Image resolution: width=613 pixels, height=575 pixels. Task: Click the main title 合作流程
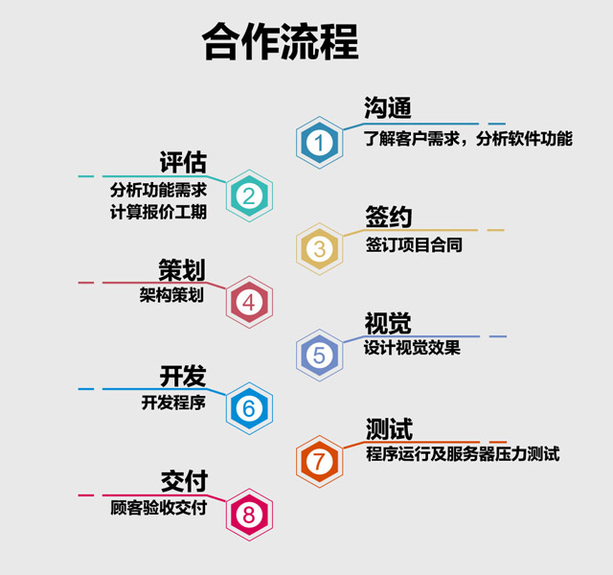click(x=281, y=41)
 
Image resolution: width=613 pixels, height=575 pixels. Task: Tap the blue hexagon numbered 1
click(x=319, y=143)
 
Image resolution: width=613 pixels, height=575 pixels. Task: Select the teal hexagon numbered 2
click(x=249, y=195)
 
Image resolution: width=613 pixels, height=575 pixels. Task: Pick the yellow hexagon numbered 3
click(x=319, y=249)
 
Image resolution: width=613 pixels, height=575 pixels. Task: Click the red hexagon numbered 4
click(x=249, y=302)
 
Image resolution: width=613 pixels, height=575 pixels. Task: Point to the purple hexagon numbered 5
click(x=319, y=356)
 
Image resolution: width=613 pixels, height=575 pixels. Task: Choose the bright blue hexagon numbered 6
click(x=249, y=408)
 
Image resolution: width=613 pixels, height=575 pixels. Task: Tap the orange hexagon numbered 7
click(x=319, y=462)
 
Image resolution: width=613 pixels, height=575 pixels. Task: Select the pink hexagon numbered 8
click(x=249, y=515)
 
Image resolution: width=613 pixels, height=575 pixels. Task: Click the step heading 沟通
click(x=387, y=108)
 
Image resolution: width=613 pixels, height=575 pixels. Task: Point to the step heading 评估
click(x=183, y=162)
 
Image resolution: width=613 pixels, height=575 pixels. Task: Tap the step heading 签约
click(x=389, y=217)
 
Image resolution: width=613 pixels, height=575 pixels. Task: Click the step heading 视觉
click(x=388, y=324)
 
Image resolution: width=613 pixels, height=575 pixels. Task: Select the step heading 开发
click(x=183, y=376)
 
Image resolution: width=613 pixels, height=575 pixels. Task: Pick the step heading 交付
click(x=184, y=481)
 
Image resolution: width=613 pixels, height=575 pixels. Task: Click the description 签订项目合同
click(x=414, y=245)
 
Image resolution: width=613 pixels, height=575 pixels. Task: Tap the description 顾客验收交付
click(x=158, y=508)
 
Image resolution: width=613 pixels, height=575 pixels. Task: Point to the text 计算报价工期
click(x=158, y=213)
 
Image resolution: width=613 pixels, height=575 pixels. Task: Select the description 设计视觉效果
click(x=412, y=348)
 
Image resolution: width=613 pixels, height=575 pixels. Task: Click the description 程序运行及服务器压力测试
click(x=463, y=454)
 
